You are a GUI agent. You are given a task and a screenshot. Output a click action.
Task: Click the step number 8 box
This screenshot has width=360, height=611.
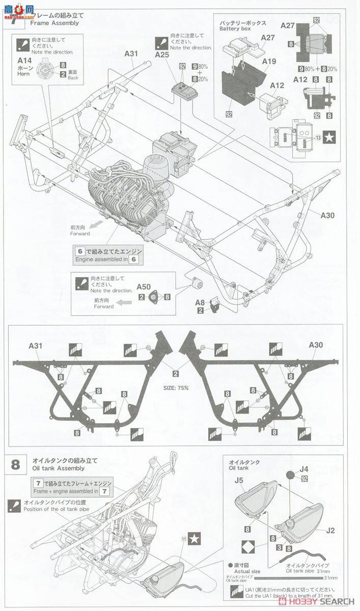[x=16, y=464]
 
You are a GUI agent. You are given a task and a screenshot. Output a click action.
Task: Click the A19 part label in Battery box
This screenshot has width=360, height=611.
[x=269, y=61]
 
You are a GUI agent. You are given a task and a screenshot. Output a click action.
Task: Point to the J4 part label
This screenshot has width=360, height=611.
[x=304, y=468]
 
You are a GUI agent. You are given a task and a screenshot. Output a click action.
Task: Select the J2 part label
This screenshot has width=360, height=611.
[x=330, y=530]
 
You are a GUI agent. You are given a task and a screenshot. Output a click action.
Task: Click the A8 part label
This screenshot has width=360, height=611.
[x=200, y=302]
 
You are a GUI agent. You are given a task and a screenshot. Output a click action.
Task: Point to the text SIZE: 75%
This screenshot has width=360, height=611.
[x=177, y=388]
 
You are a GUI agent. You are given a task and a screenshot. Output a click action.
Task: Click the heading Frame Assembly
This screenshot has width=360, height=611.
[x=54, y=23]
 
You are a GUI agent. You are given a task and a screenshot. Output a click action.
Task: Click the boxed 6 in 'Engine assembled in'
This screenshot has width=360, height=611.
[x=79, y=251]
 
